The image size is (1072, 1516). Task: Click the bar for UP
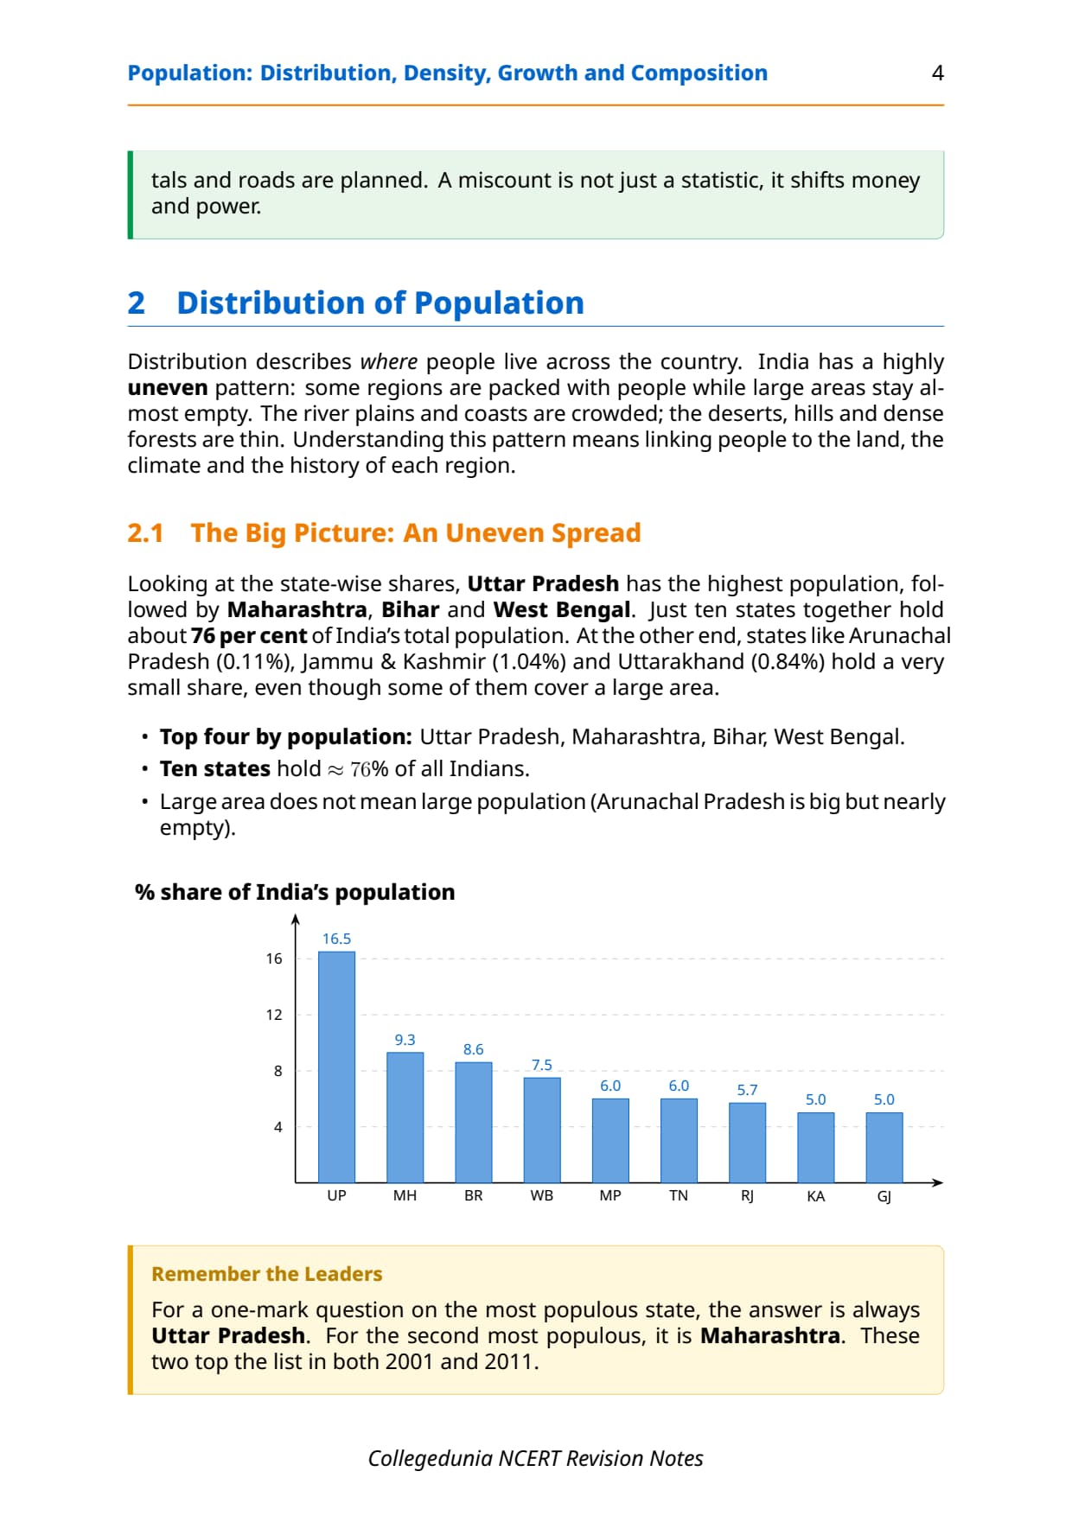coord(336,1067)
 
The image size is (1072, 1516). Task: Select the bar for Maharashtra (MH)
coord(405,1117)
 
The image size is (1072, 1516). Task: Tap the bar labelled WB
coord(542,1130)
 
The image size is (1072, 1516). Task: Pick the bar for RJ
coord(747,1142)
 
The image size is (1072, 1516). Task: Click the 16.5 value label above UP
coord(336,939)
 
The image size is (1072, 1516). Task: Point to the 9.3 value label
coord(405,1040)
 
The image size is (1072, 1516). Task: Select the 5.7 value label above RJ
coord(747,1090)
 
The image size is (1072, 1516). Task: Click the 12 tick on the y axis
coord(274,1015)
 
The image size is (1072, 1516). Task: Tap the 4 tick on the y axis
coord(278,1127)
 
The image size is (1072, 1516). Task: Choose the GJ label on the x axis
coord(884,1196)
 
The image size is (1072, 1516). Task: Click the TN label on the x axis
coord(679,1195)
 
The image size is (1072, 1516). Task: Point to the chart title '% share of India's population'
coord(295,892)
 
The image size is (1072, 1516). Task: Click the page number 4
coord(937,73)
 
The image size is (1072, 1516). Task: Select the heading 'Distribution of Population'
coord(380,303)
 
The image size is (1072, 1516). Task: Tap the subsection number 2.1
coord(145,532)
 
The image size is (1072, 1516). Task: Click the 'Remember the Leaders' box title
coord(266,1274)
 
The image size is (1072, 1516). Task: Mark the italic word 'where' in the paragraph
coord(389,361)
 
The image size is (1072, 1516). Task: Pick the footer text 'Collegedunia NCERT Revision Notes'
coord(536,1459)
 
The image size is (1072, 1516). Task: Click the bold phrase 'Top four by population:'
coord(286,737)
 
